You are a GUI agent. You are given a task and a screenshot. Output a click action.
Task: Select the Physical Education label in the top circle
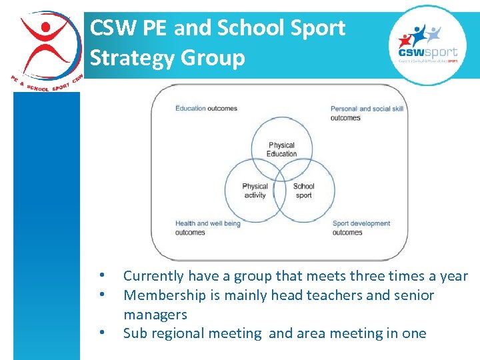[x=281, y=149]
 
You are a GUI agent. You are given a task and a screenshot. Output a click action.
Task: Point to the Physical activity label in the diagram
[x=255, y=191]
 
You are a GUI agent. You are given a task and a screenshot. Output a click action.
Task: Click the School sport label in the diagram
[x=303, y=191]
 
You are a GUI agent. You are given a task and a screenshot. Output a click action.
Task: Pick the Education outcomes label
[x=206, y=108]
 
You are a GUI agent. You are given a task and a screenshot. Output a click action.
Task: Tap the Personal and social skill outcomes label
[x=367, y=113]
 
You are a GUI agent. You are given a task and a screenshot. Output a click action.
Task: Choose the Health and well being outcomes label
[x=207, y=228]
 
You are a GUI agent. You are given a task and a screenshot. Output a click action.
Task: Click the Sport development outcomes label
[x=361, y=228]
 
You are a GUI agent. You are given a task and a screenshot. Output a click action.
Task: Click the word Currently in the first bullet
[x=153, y=276]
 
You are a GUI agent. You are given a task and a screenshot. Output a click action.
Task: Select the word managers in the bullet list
[x=155, y=315]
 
